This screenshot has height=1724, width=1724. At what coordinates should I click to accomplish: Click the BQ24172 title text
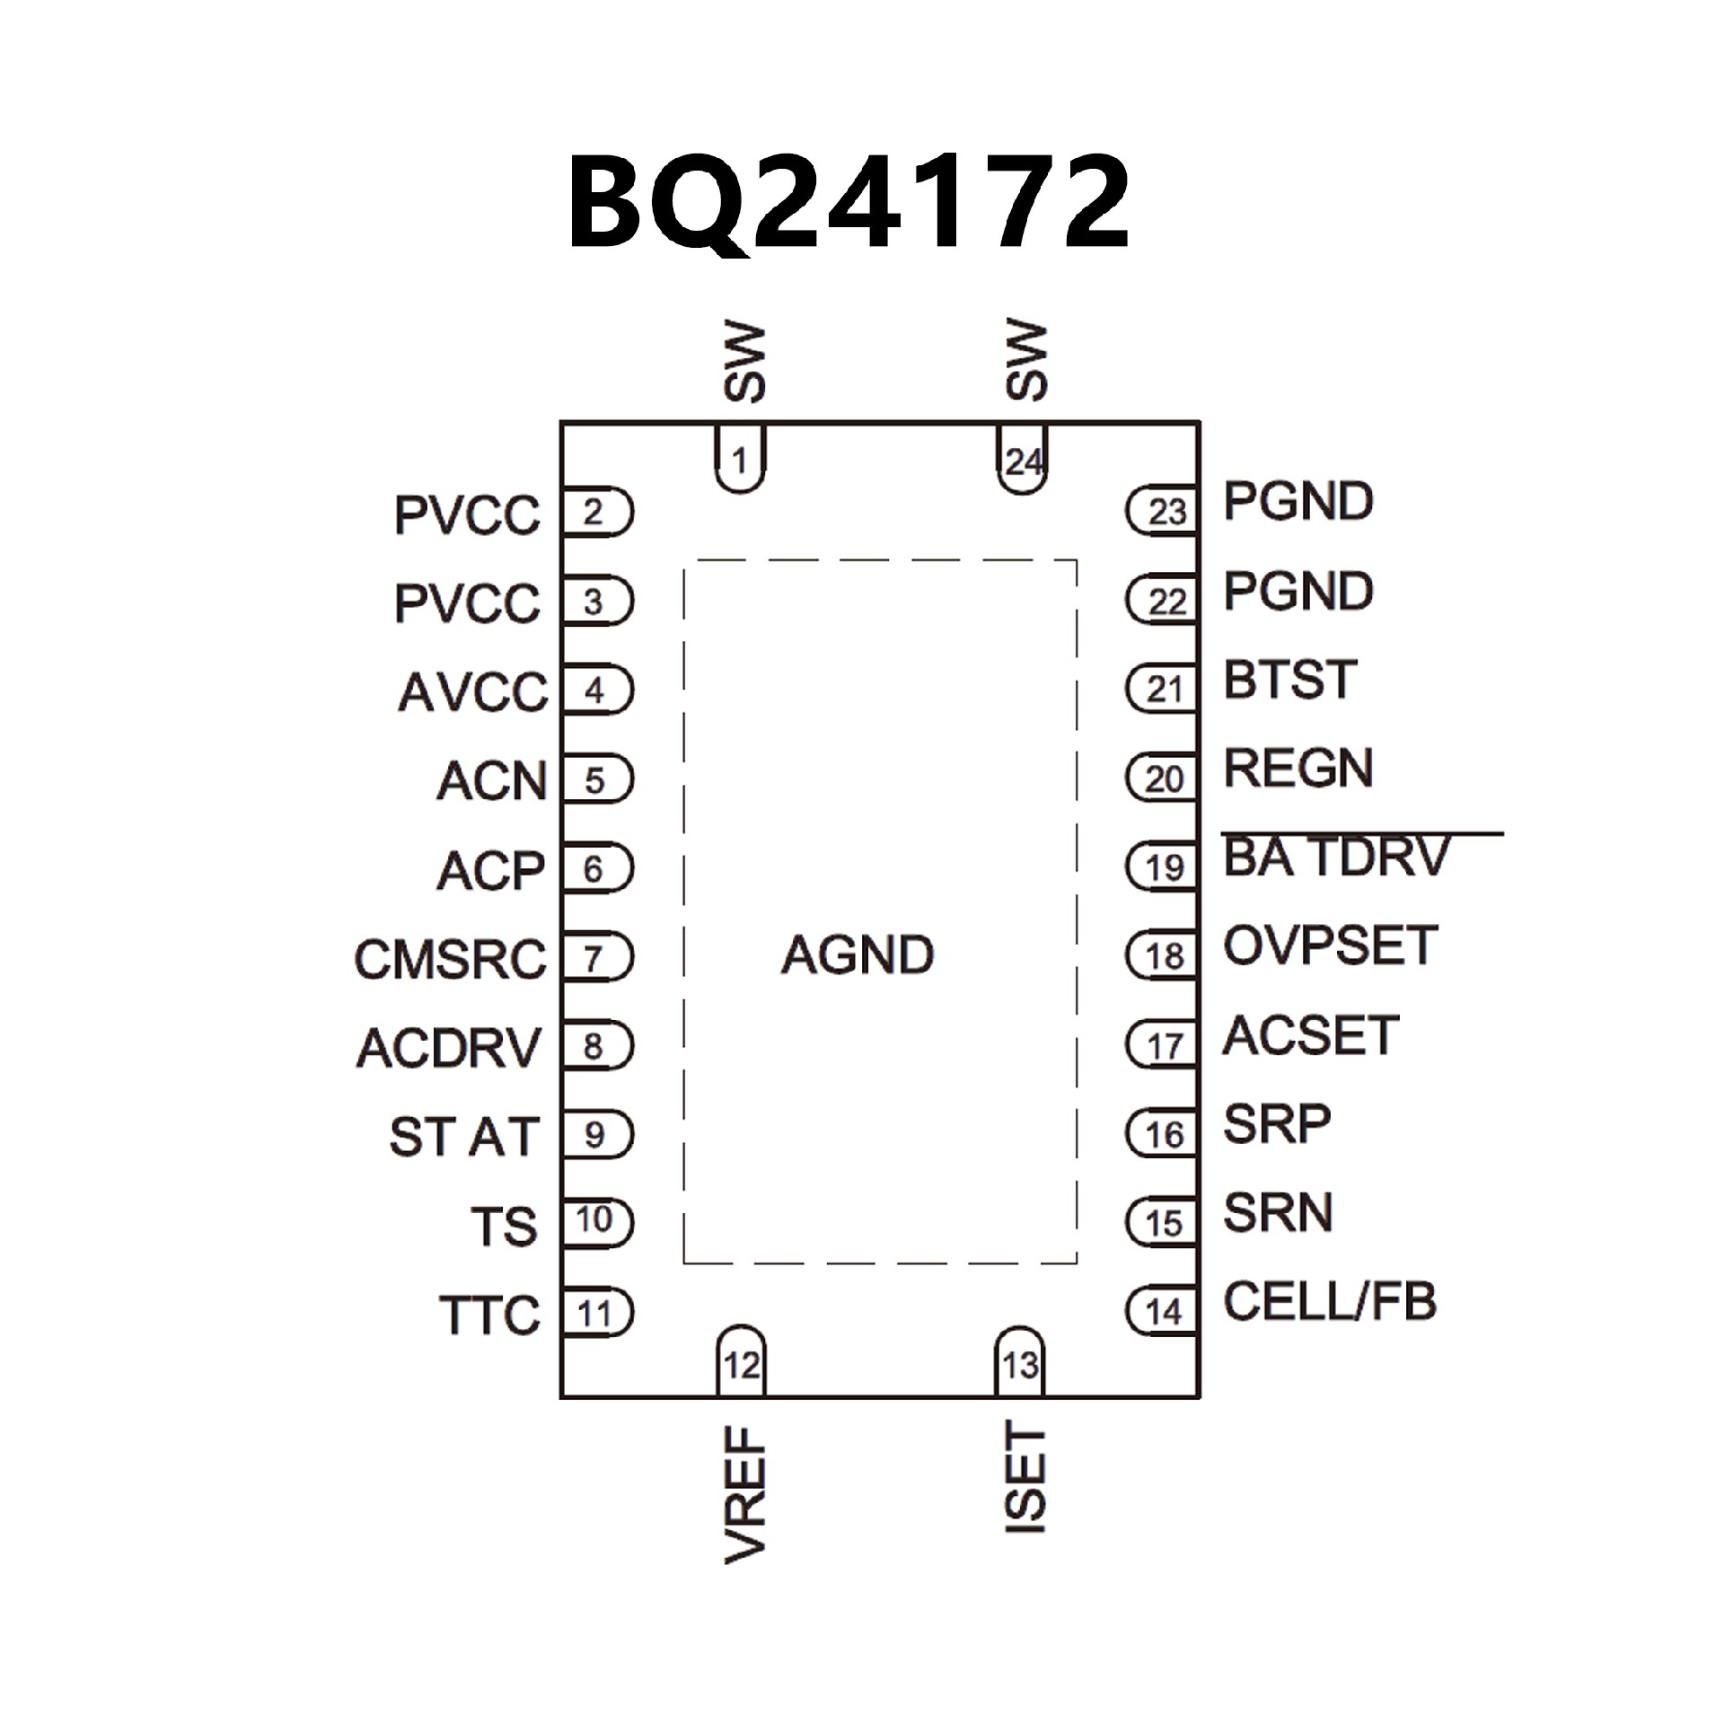point(848,203)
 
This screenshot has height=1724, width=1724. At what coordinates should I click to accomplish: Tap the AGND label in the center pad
point(858,954)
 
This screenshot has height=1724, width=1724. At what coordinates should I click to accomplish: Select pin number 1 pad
point(740,460)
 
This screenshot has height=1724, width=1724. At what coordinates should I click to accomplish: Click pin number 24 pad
point(1023,461)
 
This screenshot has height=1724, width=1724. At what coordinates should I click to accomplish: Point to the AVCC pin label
point(472,692)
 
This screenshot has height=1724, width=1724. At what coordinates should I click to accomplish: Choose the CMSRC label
point(450,959)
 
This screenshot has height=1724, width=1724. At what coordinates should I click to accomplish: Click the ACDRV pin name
point(449,1047)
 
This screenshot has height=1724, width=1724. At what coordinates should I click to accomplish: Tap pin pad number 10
point(595,1220)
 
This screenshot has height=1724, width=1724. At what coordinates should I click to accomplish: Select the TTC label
point(489,1315)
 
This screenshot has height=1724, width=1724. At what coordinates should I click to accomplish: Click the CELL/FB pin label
point(1330,1301)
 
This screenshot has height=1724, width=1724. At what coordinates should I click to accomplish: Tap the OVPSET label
point(1330,946)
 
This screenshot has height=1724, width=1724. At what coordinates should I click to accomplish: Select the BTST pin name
point(1289,680)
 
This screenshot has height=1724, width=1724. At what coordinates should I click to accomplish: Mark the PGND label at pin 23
point(1298,501)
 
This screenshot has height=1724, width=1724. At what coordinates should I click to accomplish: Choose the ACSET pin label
point(1311,1034)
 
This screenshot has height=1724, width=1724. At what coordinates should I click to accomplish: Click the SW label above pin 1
point(744,363)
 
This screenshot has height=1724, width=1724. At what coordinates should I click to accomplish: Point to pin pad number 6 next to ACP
point(595,868)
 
